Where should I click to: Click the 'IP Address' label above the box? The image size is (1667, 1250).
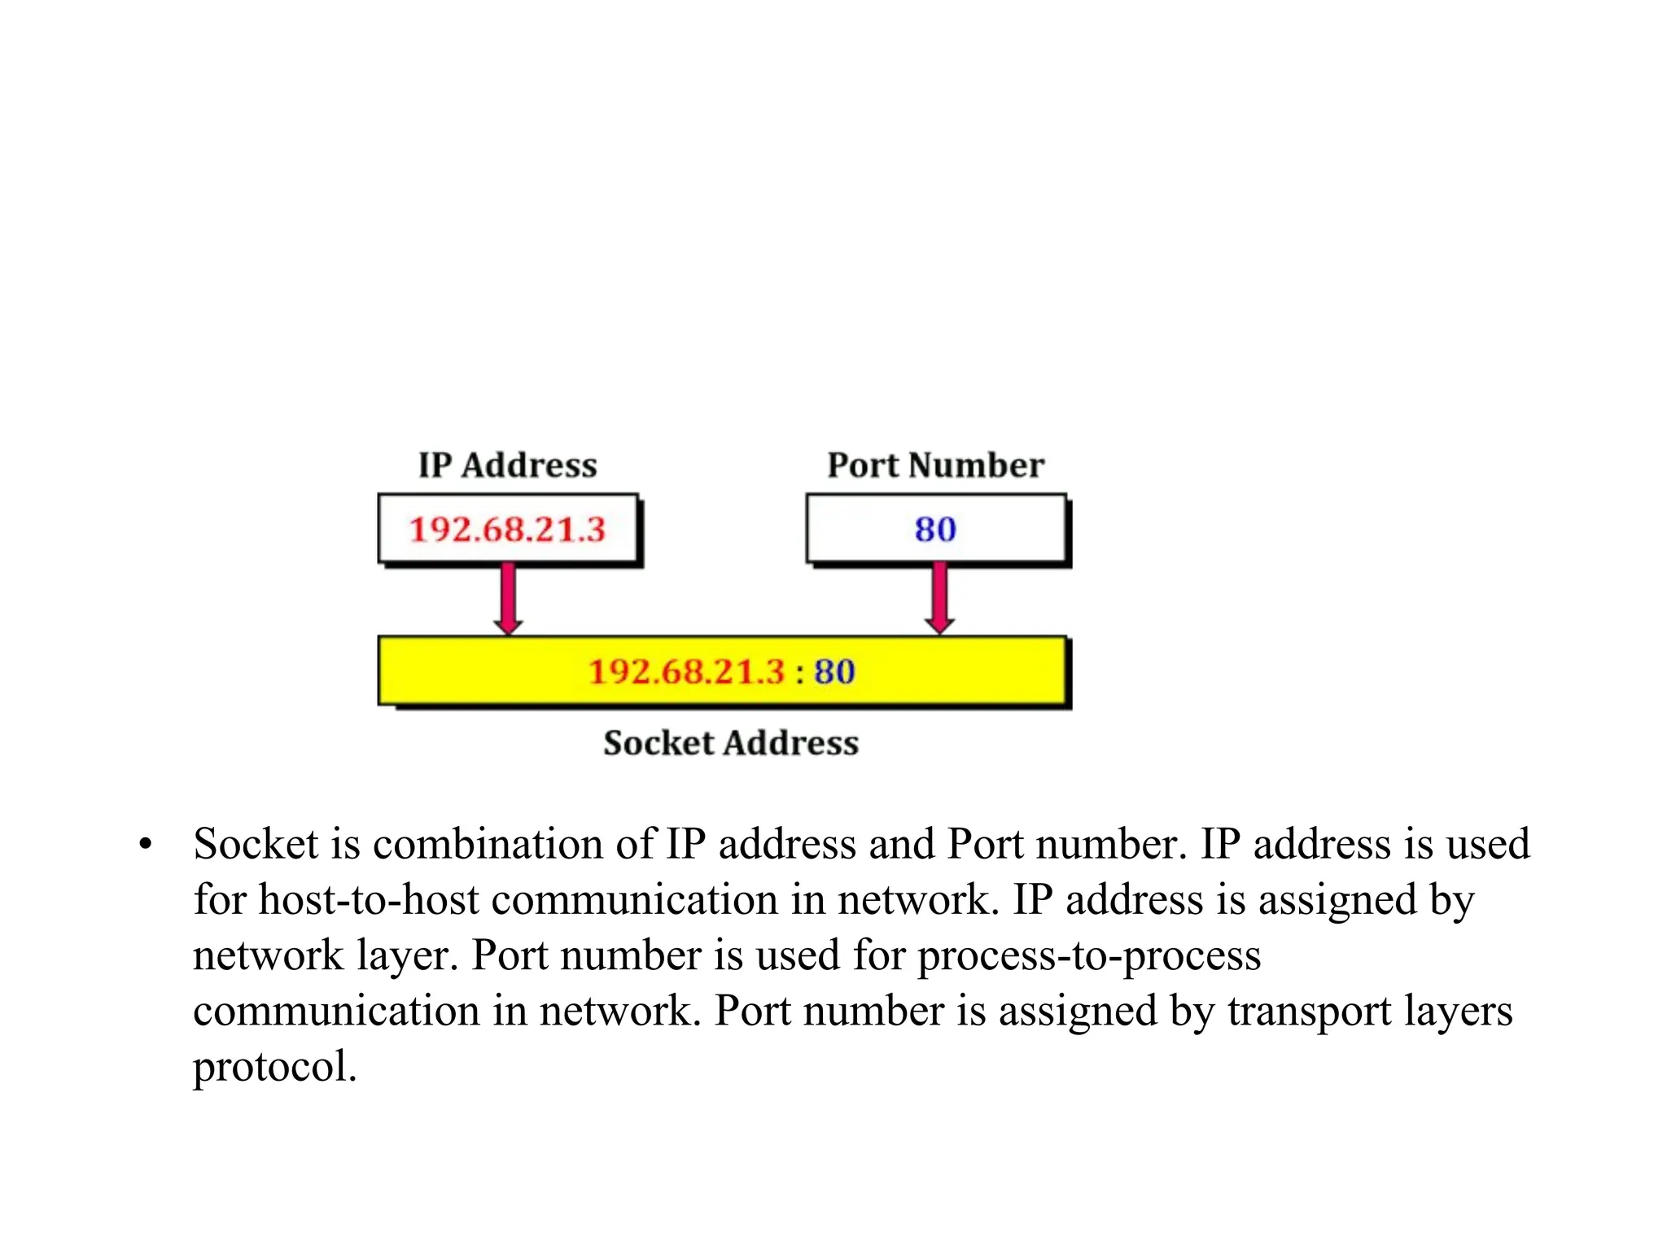click(x=507, y=465)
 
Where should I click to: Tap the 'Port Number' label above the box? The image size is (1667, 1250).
click(x=935, y=465)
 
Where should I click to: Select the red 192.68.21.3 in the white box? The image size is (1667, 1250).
click(x=507, y=530)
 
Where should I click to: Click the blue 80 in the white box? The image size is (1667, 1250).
click(x=934, y=530)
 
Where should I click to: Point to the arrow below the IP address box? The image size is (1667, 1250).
click(x=508, y=598)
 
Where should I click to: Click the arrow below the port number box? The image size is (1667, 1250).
click(x=939, y=598)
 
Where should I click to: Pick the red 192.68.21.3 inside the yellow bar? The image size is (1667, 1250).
click(x=686, y=672)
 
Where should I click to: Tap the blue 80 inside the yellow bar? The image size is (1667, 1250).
click(x=834, y=672)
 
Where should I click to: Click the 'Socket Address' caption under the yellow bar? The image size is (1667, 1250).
click(x=730, y=743)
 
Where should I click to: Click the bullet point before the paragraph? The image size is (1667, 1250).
click(x=145, y=844)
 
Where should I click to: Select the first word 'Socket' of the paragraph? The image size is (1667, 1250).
click(x=256, y=844)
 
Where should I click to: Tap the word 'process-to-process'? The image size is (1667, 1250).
click(x=1089, y=955)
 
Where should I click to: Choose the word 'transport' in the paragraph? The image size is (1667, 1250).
click(x=1309, y=1012)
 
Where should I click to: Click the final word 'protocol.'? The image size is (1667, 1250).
click(x=274, y=1067)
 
